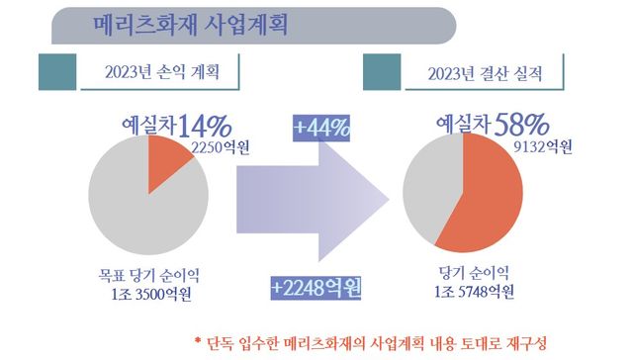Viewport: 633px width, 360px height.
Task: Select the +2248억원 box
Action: [x=316, y=288]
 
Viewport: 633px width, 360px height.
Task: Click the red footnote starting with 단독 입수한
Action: [x=371, y=341]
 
